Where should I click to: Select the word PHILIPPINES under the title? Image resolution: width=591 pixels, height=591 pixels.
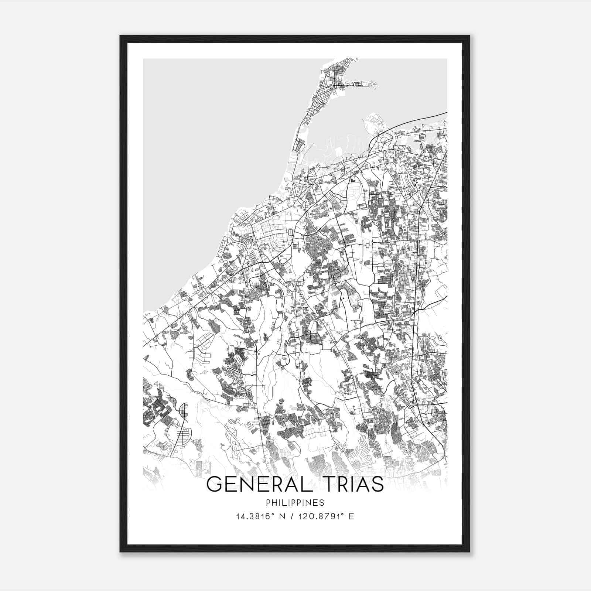pyautogui.click(x=295, y=503)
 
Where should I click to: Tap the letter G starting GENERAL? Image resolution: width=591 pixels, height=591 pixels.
pyautogui.click(x=213, y=484)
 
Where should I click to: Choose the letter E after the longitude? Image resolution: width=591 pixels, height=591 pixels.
pyautogui.click(x=351, y=516)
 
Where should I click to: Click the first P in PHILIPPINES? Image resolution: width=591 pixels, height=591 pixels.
pyautogui.click(x=268, y=503)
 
